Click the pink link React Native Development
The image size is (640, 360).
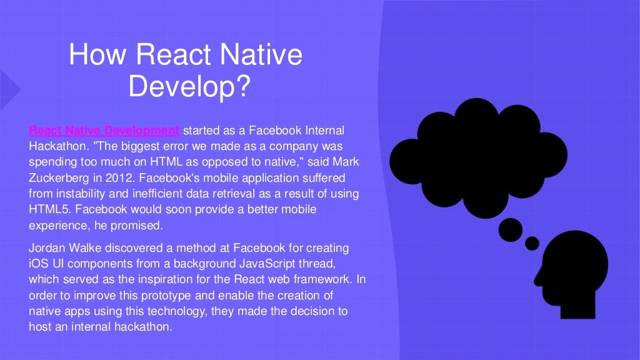[x=104, y=131]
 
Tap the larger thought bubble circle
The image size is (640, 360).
[x=511, y=229]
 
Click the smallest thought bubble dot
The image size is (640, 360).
[x=532, y=242]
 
